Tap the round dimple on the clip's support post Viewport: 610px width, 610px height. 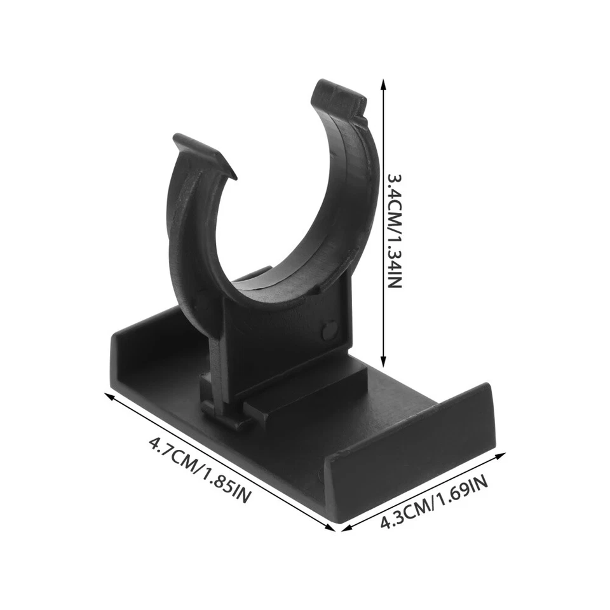coord(329,330)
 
